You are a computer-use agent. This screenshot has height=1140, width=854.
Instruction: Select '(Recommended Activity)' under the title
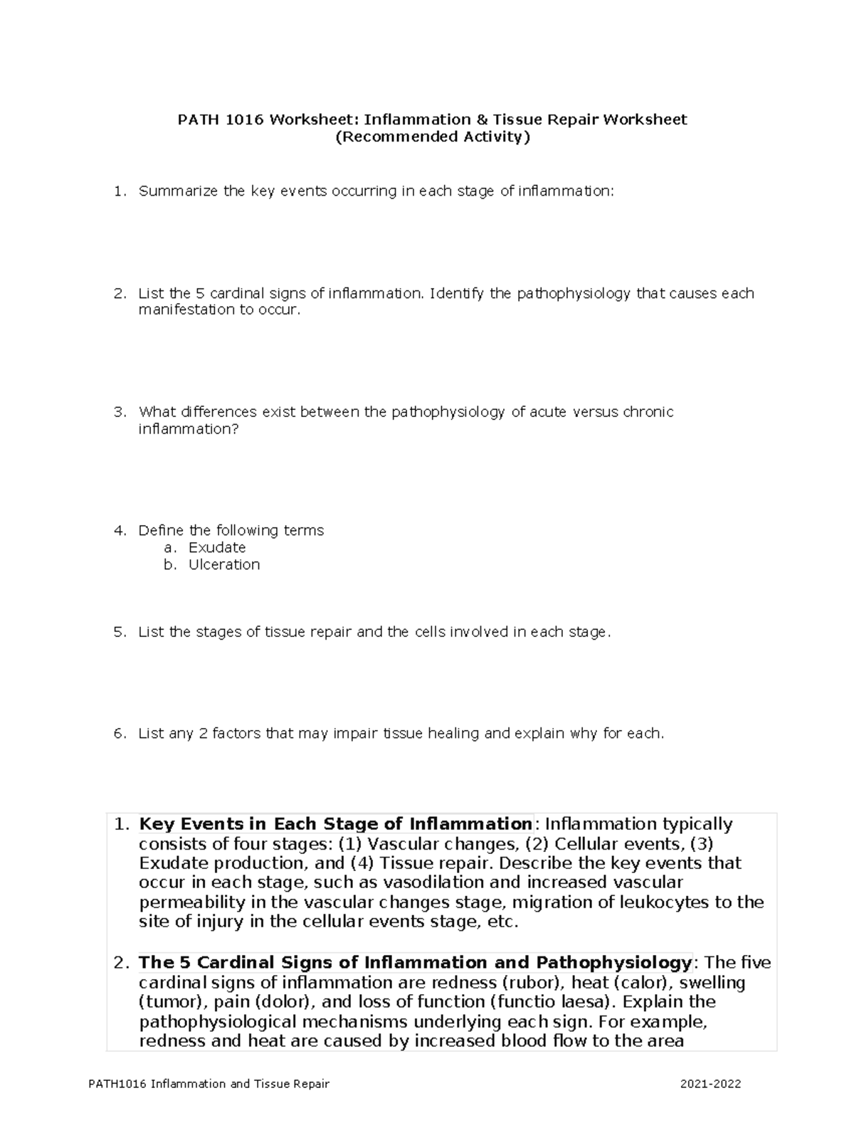pyautogui.click(x=433, y=137)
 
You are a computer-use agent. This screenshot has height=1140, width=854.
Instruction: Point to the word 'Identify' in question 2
pyautogui.click(x=458, y=293)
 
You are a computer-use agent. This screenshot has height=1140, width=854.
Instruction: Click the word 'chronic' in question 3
pyautogui.click(x=648, y=412)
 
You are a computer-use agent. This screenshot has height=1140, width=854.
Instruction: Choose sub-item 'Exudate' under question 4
pyautogui.click(x=217, y=548)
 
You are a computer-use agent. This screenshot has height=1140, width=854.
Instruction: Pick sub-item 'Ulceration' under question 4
pyautogui.click(x=224, y=565)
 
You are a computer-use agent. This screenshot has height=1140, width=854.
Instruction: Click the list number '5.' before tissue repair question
pyautogui.click(x=120, y=632)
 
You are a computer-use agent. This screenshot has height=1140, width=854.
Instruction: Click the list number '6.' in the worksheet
pyautogui.click(x=120, y=734)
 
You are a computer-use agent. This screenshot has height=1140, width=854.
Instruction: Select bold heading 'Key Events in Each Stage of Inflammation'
pyautogui.click(x=335, y=824)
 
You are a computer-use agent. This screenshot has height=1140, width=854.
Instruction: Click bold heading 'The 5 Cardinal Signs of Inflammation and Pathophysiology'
pyautogui.click(x=415, y=963)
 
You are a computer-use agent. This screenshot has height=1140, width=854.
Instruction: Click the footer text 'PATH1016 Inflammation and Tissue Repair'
pyautogui.click(x=209, y=1084)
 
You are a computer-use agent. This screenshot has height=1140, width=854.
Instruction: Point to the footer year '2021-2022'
pyautogui.click(x=710, y=1084)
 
